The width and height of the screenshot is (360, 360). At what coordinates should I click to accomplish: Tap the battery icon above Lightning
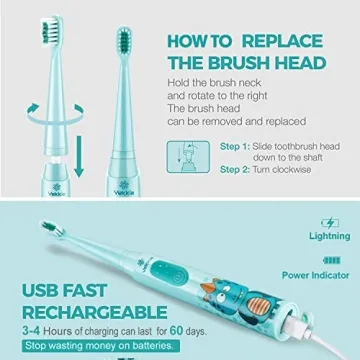[x=330, y=223]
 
